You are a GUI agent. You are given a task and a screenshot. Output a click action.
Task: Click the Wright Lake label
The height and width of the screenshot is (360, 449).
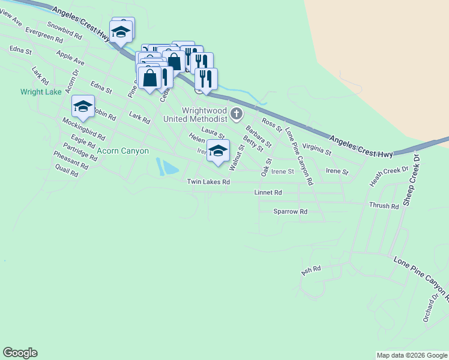41,92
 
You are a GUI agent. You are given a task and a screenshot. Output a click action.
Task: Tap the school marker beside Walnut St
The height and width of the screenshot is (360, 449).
218,151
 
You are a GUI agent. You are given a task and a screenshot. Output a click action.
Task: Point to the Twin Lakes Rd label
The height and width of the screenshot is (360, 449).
208,182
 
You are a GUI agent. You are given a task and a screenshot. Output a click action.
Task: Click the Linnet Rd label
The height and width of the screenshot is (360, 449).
268,193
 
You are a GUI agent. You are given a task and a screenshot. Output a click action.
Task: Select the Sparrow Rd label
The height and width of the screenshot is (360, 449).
290,211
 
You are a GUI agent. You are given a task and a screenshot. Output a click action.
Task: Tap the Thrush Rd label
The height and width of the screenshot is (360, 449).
384,206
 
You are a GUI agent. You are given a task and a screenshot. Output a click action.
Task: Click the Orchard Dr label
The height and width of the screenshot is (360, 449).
431,307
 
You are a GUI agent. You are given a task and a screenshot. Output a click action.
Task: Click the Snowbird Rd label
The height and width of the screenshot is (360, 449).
64,30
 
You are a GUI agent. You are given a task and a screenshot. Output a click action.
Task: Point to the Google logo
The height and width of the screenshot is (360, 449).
20,353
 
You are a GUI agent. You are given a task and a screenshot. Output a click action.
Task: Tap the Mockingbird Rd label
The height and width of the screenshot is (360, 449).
83,129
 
